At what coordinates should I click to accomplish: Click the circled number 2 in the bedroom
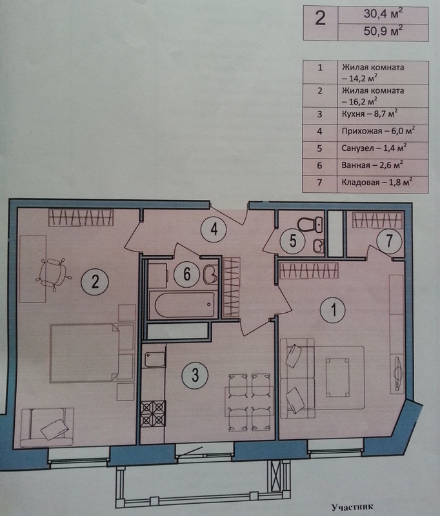pyautogui.click(x=95, y=282)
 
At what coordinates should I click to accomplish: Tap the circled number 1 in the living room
pyautogui.click(x=334, y=310)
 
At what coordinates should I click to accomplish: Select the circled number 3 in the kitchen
pyautogui.click(x=195, y=375)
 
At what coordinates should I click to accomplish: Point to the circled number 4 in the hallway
pyautogui.click(x=214, y=229)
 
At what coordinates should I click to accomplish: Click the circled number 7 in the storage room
pyautogui.click(x=389, y=241)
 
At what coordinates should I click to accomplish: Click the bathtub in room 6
pyautogui.click(x=185, y=304)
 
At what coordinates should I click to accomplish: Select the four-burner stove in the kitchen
pyautogui.click(x=153, y=413)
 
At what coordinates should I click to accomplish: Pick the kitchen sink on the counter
pyautogui.click(x=155, y=359)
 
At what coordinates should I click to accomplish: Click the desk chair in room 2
pyautogui.click(x=53, y=272)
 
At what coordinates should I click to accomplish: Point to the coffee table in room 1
pyautogui.click(x=337, y=377)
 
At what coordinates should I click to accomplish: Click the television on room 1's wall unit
pyautogui.click(x=397, y=374)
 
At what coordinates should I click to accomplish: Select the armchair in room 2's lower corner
pyautogui.click(x=46, y=427)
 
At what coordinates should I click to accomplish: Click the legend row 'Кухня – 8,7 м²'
pyautogui.click(x=370, y=114)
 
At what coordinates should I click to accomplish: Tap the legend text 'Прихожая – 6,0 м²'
pyautogui.click(x=378, y=131)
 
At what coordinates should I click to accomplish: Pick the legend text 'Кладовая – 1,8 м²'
pyautogui.click(x=377, y=182)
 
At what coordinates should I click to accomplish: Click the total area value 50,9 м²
pyautogui.click(x=383, y=31)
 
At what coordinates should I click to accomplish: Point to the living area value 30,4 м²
pyautogui.click(x=383, y=14)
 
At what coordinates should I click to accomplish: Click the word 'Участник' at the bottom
pyautogui.click(x=352, y=507)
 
